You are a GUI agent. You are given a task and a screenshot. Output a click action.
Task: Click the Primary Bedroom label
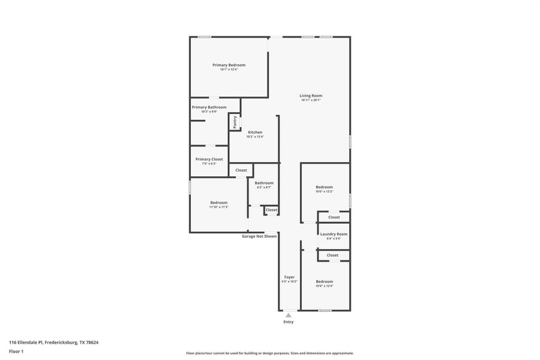click(229, 65)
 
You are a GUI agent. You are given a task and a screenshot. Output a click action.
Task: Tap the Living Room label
click(311, 95)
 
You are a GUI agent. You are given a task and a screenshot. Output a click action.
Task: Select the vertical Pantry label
click(235, 121)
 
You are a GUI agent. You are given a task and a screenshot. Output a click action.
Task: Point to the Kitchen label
click(255, 132)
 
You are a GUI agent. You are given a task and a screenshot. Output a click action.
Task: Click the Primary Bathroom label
click(209, 107)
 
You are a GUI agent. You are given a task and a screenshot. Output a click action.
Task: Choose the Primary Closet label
click(209, 159)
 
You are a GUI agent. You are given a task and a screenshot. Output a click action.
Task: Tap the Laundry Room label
click(334, 234)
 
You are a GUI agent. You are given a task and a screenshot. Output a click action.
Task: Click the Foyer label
click(289, 277)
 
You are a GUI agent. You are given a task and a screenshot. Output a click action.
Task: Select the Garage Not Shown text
click(259, 236)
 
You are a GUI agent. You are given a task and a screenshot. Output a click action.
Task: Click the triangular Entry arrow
click(289, 315)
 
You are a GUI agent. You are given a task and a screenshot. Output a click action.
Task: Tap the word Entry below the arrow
click(289, 322)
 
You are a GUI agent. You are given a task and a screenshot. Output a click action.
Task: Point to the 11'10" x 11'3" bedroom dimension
click(218, 207)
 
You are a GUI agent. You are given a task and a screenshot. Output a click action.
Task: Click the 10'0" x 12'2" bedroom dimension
click(324, 191)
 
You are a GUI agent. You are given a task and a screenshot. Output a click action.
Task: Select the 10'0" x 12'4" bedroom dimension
click(324, 286)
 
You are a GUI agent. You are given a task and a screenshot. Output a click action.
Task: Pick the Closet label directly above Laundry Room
click(334, 217)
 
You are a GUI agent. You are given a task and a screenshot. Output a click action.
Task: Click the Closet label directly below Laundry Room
click(332, 255)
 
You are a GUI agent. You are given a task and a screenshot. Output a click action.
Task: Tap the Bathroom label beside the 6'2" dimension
click(264, 183)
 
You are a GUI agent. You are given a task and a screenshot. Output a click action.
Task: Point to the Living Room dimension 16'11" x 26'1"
click(311, 100)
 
